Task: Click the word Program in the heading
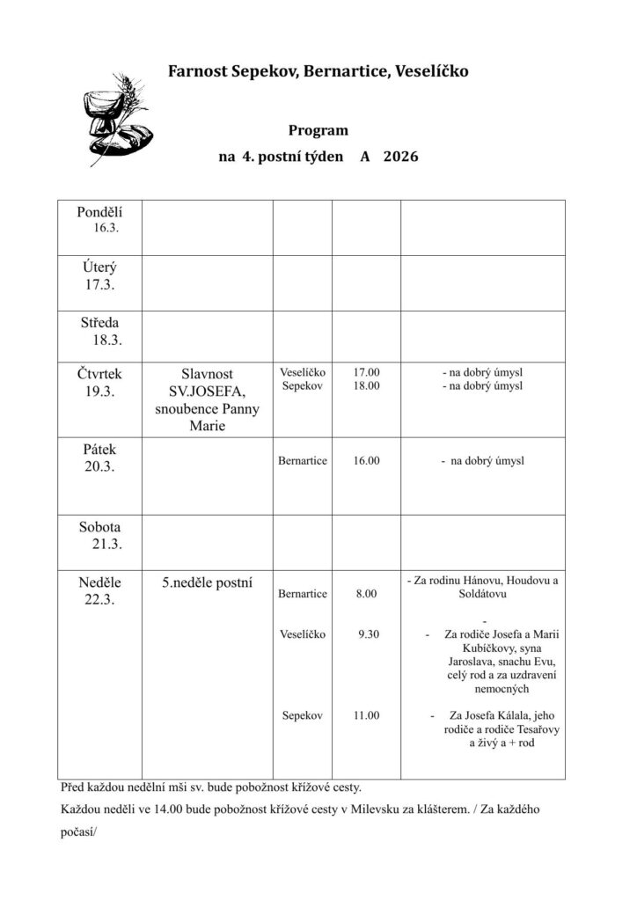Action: click(318, 130)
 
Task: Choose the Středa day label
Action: click(99, 322)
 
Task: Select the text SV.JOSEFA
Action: click(208, 391)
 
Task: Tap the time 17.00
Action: click(366, 372)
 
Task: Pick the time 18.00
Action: click(366, 385)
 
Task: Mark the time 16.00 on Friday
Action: click(366, 460)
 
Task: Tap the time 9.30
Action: click(369, 634)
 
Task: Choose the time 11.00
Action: click(366, 715)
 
